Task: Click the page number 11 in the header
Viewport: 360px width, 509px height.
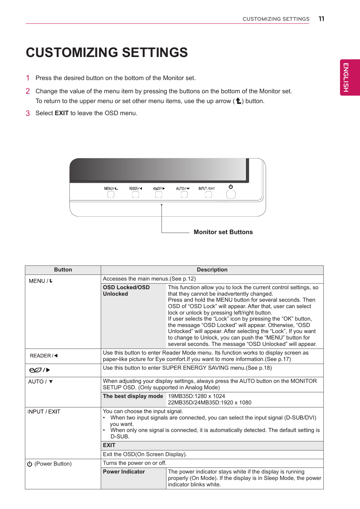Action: [x=321, y=19]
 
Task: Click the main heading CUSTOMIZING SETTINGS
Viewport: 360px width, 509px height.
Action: [x=107, y=52]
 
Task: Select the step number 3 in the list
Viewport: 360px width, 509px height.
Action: [x=28, y=113]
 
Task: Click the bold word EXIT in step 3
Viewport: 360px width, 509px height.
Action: [x=62, y=113]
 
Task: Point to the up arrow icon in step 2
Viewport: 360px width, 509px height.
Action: [x=238, y=101]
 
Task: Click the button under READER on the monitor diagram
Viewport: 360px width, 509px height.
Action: [x=135, y=194]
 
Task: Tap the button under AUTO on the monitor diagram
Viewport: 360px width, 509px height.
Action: [x=184, y=194]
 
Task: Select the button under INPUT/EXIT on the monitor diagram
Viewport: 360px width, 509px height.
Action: [x=208, y=194]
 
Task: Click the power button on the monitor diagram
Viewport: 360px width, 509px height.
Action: [x=231, y=194]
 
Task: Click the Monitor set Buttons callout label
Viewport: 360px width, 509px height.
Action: [x=223, y=232]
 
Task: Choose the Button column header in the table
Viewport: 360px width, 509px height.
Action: [x=63, y=270]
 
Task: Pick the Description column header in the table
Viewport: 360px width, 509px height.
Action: [x=212, y=270]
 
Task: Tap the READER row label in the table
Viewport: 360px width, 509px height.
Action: [x=43, y=356]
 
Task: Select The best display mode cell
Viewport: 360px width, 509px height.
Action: [x=133, y=396]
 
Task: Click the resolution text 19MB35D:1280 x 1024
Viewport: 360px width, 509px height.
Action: [x=196, y=396]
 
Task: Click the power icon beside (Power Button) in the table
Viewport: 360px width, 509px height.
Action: [x=29, y=464]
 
